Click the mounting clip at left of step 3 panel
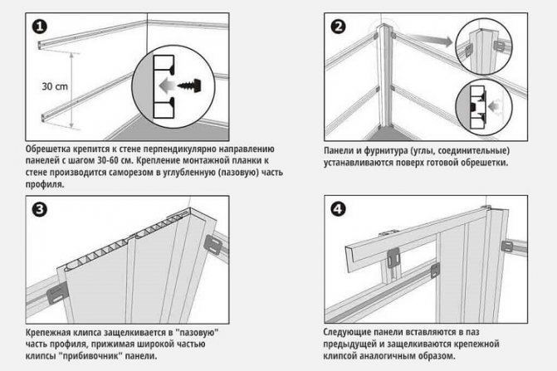click(x=59, y=291)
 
